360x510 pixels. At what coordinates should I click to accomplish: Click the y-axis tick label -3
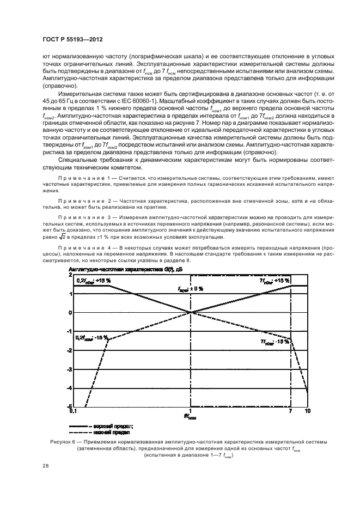[70, 369]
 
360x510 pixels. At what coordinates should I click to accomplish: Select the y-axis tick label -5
[70, 406]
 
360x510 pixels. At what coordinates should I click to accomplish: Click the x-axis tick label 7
[291, 411]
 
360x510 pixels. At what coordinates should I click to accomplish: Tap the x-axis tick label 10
[307, 411]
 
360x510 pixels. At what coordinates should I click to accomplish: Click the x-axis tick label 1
[191, 411]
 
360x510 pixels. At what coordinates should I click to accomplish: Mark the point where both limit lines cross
[191, 312]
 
